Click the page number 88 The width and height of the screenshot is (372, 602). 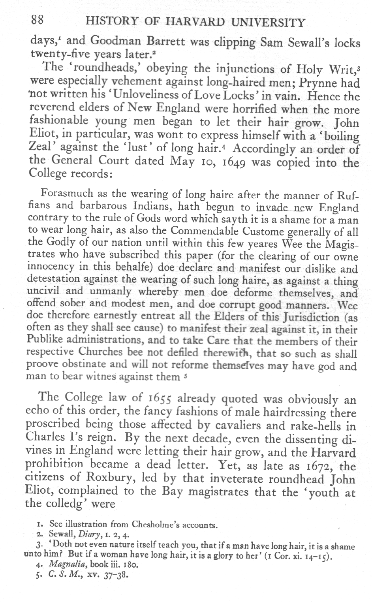point(39,20)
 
